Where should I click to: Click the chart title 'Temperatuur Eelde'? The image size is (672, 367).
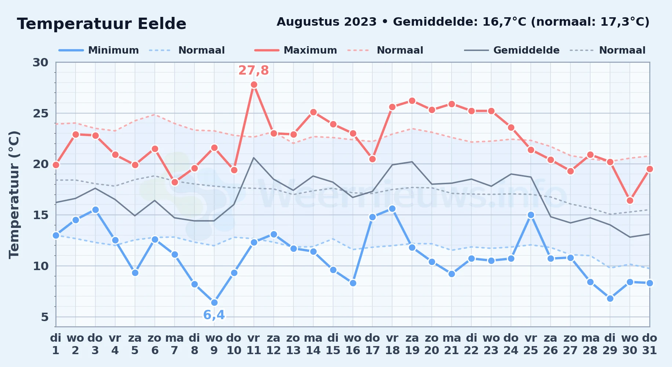[x=102, y=24]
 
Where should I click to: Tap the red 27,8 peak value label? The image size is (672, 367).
[x=254, y=70]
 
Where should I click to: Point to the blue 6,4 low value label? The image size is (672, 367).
[x=214, y=315]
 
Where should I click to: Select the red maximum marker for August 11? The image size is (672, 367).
[x=254, y=85]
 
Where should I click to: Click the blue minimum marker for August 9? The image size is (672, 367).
[x=214, y=302]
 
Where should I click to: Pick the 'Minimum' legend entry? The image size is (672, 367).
[x=99, y=50]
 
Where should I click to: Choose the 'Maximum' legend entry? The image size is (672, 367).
[x=296, y=50]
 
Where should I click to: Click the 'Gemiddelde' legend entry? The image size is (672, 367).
[x=512, y=50]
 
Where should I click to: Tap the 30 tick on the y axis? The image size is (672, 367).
[x=40, y=62]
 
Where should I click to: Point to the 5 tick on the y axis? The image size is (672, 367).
[x=45, y=317]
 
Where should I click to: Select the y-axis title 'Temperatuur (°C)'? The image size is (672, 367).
[x=14, y=195]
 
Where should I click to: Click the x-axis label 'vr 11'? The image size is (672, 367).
[x=254, y=344]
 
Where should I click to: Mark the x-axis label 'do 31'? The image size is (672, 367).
[x=650, y=344]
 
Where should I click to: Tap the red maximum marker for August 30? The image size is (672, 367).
[x=630, y=200]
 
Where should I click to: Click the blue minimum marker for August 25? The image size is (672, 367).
[x=531, y=215]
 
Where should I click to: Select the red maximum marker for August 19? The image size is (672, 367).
[x=412, y=101]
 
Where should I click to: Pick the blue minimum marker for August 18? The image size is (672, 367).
[x=392, y=208]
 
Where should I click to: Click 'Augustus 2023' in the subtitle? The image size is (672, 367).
[x=326, y=22]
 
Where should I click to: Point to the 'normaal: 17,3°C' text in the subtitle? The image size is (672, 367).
[x=590, y=22]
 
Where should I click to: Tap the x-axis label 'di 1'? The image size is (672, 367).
[x=56, y=344]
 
